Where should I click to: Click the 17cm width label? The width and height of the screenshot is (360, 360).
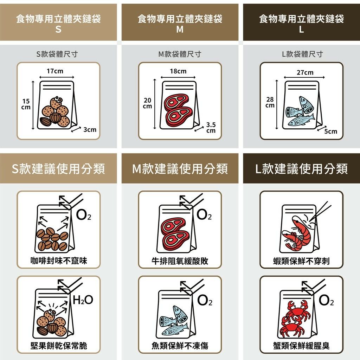coord(55,71)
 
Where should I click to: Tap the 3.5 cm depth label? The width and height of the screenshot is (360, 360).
coord(211,128)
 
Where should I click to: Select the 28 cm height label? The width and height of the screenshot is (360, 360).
coord(270,102)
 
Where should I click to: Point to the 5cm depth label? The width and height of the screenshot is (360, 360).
coord(330,131)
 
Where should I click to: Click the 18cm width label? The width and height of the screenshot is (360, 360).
coord(178,71)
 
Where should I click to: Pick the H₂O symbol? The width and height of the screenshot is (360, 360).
coord(83,300)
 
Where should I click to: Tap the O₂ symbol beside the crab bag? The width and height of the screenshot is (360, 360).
coord(326,300)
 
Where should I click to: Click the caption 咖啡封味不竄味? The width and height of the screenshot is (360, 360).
coord(59,261)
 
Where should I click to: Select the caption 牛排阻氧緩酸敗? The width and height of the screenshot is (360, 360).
coord(180,261)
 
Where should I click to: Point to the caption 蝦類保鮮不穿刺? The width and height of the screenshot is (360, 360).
coord(301,261)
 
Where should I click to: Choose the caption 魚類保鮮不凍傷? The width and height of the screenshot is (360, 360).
coord(180,346)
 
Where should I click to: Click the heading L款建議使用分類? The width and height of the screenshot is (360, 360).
coord(301,169)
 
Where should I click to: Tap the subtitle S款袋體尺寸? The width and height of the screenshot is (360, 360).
coord(57,54)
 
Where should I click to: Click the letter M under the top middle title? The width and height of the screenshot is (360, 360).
coord(180,30)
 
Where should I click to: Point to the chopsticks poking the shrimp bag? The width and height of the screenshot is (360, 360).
coord(321,211)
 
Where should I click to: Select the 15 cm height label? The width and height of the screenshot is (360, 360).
coord(26,104)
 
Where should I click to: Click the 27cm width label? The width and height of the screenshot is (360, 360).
coord(305,72)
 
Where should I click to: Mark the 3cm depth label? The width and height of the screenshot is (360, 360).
coord(90,130)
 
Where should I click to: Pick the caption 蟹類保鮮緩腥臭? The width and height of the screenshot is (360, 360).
coord(301,346)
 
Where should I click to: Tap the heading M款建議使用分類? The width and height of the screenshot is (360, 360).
coord(180,169)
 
